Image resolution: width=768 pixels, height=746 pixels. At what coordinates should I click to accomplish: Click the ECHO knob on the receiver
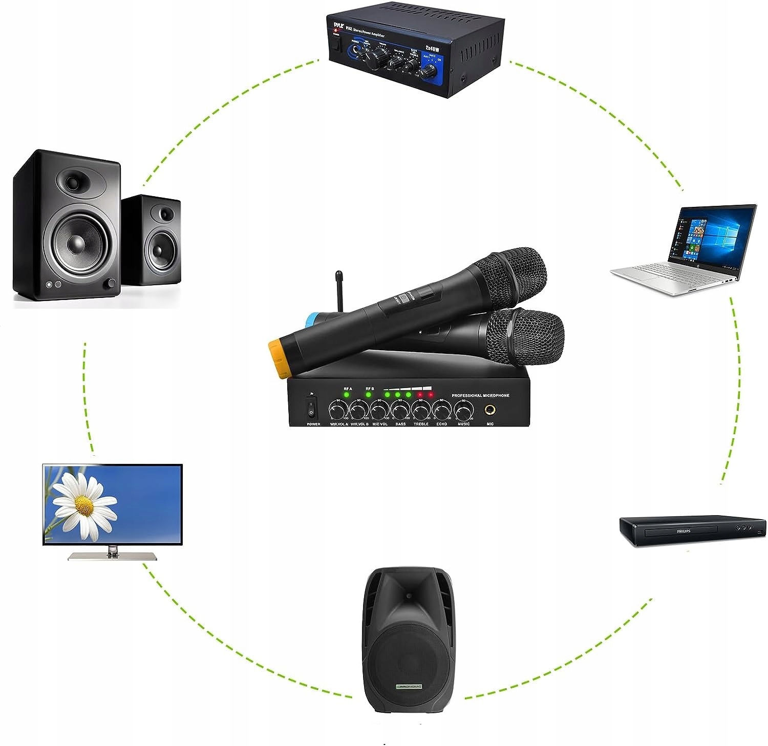coord(442,411)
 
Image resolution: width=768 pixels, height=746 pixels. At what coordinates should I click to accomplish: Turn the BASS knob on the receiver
coord(400,411)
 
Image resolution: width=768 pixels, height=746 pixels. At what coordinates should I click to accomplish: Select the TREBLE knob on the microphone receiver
coord(421,411)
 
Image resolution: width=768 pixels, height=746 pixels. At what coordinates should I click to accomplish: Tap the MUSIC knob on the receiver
coord(463,411)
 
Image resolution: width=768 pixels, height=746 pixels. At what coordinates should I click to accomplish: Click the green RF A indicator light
coord(347,395)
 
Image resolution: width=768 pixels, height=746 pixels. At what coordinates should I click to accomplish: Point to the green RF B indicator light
coord(368,395)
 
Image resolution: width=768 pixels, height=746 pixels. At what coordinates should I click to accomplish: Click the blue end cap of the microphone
coord(310,321)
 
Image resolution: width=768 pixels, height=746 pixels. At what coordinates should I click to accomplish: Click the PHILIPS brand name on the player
coord(684,531)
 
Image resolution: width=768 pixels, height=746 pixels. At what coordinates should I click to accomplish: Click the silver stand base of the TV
coord(105,556)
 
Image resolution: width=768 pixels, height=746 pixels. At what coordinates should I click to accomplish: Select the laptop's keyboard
coord(666,271)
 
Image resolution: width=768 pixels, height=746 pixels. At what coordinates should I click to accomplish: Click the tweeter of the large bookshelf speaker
coord(73,181)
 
